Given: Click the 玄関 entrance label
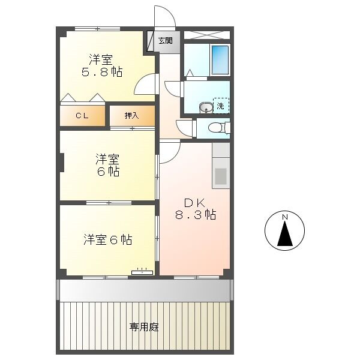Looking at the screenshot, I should (166, 41).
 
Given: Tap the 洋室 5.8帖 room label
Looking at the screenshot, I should (102, 65).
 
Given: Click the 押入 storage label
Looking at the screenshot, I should (131, 116).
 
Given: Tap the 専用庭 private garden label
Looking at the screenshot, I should (144, 327).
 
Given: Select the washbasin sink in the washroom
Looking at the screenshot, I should (205, 107).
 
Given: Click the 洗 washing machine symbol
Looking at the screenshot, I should (220, 106).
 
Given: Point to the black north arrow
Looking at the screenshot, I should (285, 235).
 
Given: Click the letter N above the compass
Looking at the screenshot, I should (285, 217).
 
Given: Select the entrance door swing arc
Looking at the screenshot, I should (164, 16).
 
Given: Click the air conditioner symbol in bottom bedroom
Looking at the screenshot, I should (142, 272).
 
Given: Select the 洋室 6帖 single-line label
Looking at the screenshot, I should (107, 239).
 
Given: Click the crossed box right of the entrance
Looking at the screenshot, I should (206, 34).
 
